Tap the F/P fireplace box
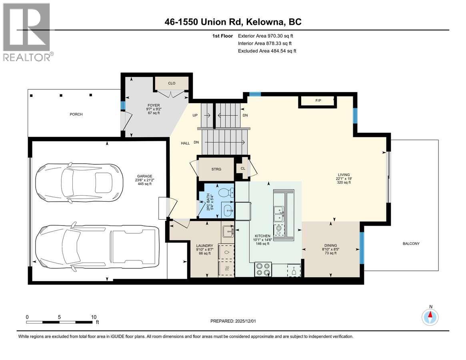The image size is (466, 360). [318, 100]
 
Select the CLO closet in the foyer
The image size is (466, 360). [172, 83]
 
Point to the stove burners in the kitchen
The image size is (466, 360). [263, 269]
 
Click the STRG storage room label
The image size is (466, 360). [216, 169]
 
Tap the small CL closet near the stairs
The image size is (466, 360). [243, 169]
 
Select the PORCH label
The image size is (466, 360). [76, 114]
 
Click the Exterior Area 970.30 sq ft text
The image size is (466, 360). [268, 36]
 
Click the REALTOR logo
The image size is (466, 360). [27, 32]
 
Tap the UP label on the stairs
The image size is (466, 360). [195, 115]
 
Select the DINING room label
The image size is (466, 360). [331, 246]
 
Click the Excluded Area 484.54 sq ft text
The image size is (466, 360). [267, 51]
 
